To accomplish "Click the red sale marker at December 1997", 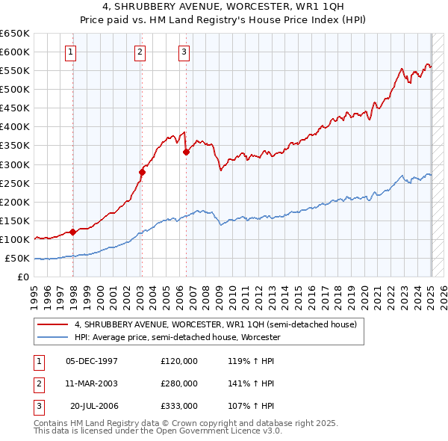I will (x=73, y=232).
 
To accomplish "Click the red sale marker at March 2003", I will (x=142, y=172).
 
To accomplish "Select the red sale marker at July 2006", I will (x=186, y=152).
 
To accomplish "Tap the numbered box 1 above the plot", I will (x=70, y=52).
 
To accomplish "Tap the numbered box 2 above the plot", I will (x=140, y=52).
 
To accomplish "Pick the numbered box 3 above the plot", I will (x=184, y=52).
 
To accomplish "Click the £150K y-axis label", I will (x=15, y=220).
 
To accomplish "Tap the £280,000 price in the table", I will (x=179, y=383).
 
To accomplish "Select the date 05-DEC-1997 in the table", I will (x=92, y=361).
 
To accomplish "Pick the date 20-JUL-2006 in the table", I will (x=95, y=406).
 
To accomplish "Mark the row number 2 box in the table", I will (x=36, y=383).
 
